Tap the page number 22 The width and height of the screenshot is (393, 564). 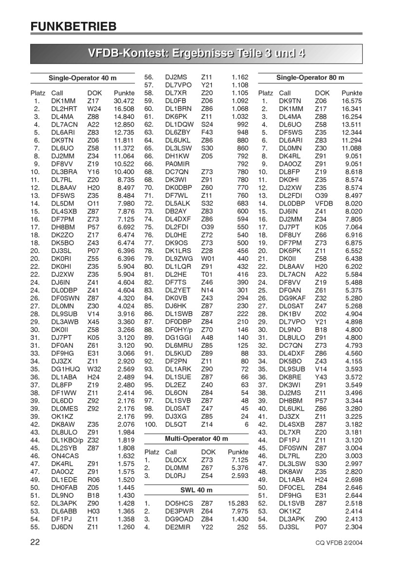pyautogui.click(x=35, y=542)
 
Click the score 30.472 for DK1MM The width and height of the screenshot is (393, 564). pyautogui.click(x=124, y=101)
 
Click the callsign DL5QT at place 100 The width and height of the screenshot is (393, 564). pyautogui.click(x=176, y=425)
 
